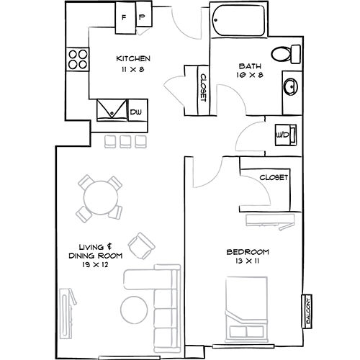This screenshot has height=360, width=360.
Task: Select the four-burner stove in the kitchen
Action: (x=78, y=59)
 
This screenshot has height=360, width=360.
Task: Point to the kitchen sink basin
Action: (x=112, y=110)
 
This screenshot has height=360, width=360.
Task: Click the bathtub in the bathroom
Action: (x=238, y=20)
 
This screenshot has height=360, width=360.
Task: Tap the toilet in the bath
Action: (x=286, y=54)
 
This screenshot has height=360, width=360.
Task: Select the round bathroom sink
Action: (x=291, y=86)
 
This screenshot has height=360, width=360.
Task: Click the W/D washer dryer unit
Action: (x=286, y=135)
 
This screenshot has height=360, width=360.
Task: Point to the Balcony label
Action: (x=307, y=311)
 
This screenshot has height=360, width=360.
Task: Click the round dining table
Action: (x=101, y=197)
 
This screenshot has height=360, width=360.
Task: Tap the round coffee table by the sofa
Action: (x=134, y=310)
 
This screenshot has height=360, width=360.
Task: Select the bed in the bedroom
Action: (x=246, y=310)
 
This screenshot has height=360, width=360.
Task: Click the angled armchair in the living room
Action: (x=142, y=246)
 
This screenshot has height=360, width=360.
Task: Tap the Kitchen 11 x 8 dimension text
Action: (x=133, y=64)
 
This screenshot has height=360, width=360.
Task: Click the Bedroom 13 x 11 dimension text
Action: (x=248, y=256)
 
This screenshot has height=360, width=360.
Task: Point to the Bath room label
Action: (x=250, y=66)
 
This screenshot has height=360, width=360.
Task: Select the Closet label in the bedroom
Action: (x=274, y=177)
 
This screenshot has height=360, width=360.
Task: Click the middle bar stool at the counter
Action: (x=125, y=142)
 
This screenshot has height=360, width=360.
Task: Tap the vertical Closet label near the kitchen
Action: (x=203, y=87)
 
